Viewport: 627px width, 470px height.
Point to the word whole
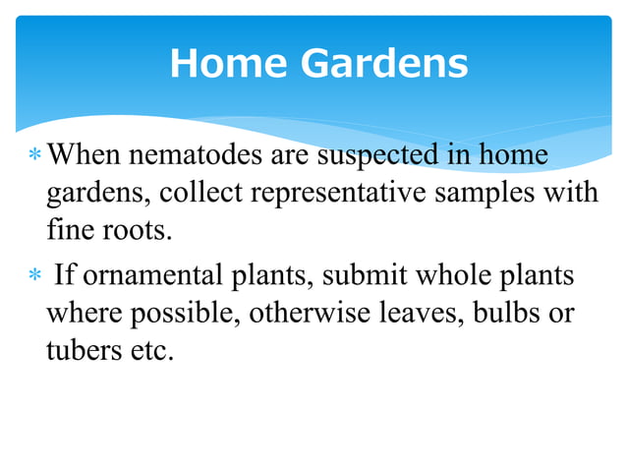click(x=443, y=275)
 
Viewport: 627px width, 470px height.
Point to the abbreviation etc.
click(x=148, y=350)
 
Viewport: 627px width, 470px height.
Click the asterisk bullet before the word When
click(x=35, y=156)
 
